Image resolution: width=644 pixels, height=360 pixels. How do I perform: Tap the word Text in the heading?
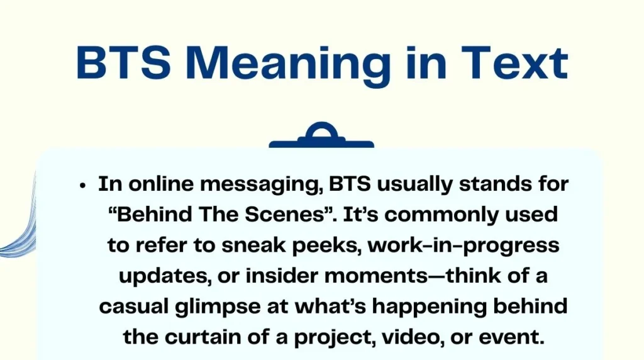click(x=514, y=62)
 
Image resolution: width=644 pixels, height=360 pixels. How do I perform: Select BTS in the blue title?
click(x=124, y=62)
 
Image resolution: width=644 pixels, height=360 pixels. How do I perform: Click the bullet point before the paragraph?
click(x=83, y=186)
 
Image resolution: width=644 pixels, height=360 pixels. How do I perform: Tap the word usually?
click(x=415, y=185)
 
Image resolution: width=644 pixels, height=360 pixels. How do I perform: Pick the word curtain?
click(x=203, y=337)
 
